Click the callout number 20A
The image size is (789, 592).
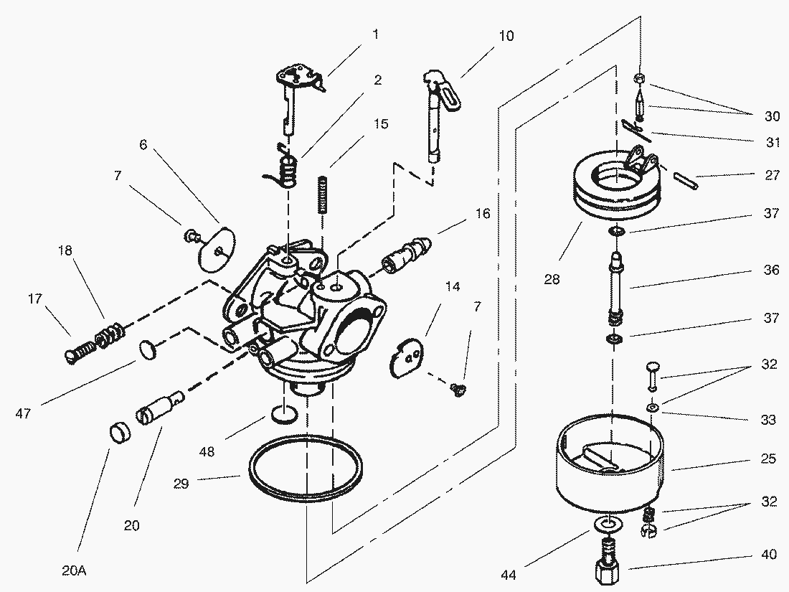point(74,571)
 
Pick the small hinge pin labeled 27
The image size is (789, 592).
point(685,179)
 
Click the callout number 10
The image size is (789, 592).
point(506,36)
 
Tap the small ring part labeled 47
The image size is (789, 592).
point(148,350)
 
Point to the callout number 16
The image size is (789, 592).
point(482,214)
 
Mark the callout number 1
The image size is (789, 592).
point(375,33)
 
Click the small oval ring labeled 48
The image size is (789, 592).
point(285,415)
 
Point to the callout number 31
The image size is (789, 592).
point(772,142)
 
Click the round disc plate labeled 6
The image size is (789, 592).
point(217,247)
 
